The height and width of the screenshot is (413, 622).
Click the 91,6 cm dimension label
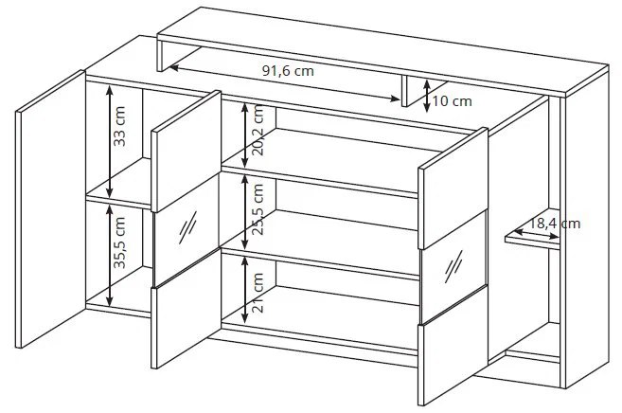pos(288,71)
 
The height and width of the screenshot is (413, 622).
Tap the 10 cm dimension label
pos(453,101)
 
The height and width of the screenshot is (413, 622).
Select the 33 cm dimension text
pos(119,126)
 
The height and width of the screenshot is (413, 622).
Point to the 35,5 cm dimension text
pos(119,242)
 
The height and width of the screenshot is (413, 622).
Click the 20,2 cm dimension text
pos(258,130)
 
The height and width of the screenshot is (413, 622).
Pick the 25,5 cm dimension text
pos(258,209)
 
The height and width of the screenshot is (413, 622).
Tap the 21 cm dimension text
pos(258,293)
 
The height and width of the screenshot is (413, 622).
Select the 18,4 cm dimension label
pos(555,224)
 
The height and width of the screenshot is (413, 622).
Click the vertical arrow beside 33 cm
pos(110,142)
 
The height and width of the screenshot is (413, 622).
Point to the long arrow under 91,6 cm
pos(285,83)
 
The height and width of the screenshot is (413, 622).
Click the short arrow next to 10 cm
pos(426,96)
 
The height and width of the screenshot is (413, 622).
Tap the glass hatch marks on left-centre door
pos(187,227)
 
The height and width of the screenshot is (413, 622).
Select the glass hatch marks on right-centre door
pos(453,266)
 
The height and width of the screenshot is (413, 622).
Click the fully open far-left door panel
pos(50,209)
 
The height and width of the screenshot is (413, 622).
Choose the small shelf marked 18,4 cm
pos(532,239)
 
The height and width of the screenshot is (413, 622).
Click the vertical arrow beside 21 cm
pos(245,289)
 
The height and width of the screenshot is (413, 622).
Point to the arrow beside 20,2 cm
pos(245,135)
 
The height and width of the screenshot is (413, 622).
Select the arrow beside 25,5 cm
pos(245,212)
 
